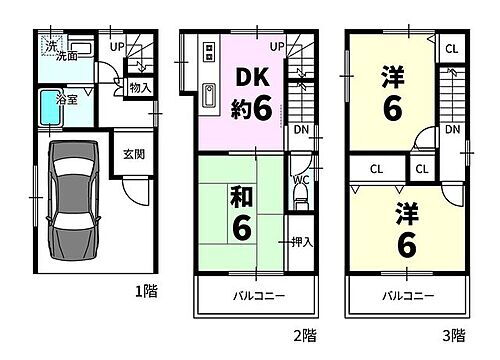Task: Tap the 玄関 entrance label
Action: pyautogui.click(x=133, y=154)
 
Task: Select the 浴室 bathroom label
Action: pyautogui.click(x=67, y=100)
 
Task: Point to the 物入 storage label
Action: pyautogui.click(x=140, y=88)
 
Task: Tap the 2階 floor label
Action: pyautogui.click(x=305, y=336)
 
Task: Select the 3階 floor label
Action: pyautogui.click(x=453, y=336)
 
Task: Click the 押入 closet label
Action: pyautogui.click(x=302, y=241)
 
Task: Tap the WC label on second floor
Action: pyautogui.click(x=300, y=181)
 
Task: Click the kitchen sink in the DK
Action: pyautogui.click(x=210, y=96)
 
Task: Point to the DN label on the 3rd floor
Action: pyautogui.click(x=453, y=130)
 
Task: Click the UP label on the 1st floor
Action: pyautogui.click(x=116, y=46)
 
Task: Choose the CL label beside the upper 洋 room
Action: pyautogui.click(x=452, y=48)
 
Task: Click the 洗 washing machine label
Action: pyautogui.click(x=50, y=45)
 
